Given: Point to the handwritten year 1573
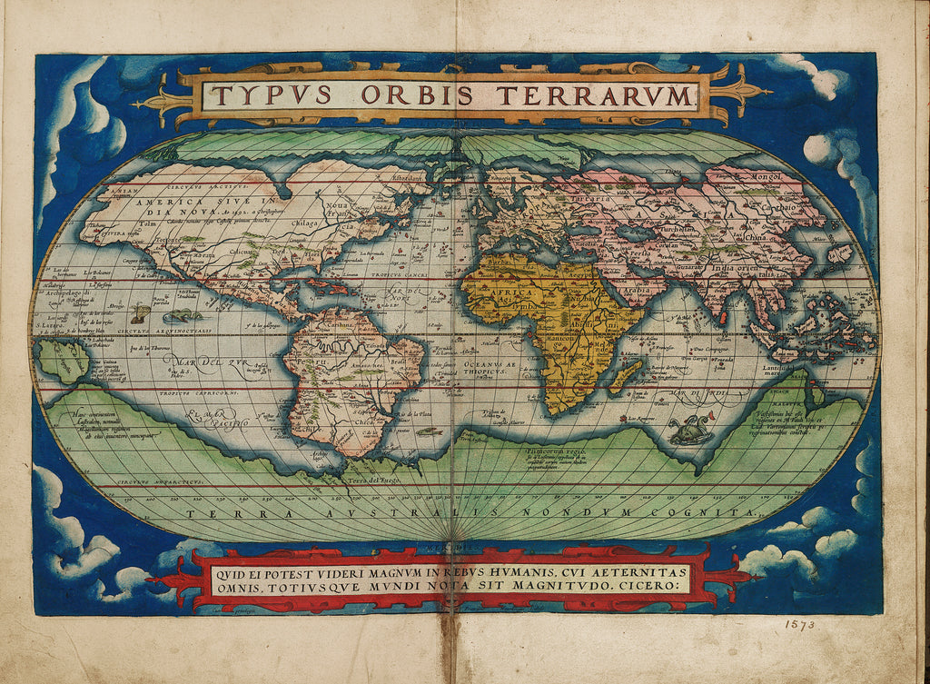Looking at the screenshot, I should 799,625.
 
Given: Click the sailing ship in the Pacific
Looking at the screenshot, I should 140,313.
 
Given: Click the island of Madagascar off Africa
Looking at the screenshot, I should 628,374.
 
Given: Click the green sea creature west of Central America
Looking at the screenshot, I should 183,315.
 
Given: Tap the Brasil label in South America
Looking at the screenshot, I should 400,358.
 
